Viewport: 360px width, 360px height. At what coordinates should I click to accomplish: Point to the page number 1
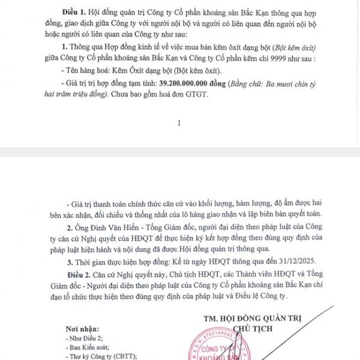pos(179,123)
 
